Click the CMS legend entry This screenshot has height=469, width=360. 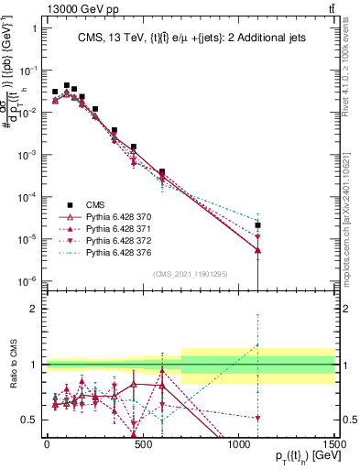tap(94, 204)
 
